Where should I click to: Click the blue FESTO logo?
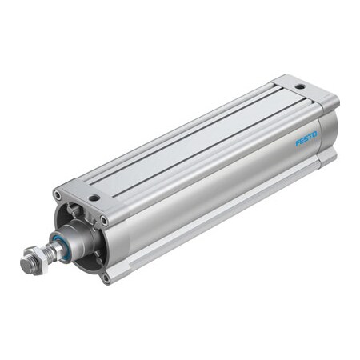pos(306,138)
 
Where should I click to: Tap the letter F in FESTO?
pos(298,143)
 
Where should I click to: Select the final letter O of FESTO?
pos(314,134)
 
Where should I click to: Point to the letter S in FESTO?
pos(306,138)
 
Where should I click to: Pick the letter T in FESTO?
pos(310,136)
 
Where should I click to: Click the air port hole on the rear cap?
pos(299,86)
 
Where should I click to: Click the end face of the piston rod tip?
pos(25,263)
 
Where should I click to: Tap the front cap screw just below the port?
pos(104,220)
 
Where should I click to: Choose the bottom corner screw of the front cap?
pos(105,278)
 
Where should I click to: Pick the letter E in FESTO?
pos(302,141)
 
